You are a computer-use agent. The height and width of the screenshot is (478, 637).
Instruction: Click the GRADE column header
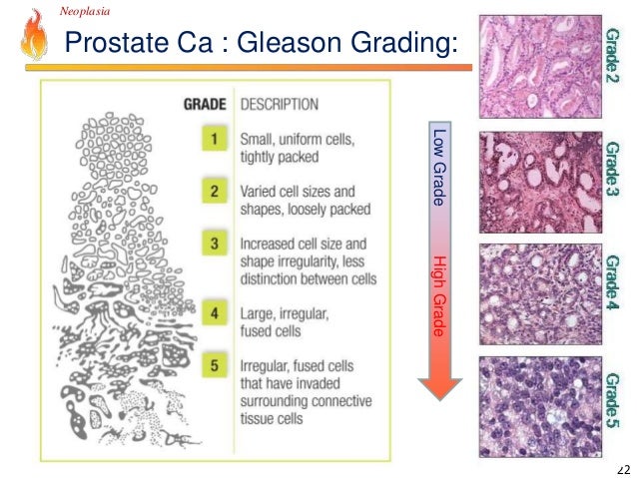(x=206, y=103)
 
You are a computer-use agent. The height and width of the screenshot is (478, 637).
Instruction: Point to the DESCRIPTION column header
(x=279, y=103)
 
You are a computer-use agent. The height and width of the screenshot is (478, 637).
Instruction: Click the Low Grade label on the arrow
(x=437, y=168)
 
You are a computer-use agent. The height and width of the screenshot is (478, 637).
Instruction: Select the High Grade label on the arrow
(x=437, y=295)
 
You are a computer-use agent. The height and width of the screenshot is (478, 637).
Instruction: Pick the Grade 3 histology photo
(x=540, y=182)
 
